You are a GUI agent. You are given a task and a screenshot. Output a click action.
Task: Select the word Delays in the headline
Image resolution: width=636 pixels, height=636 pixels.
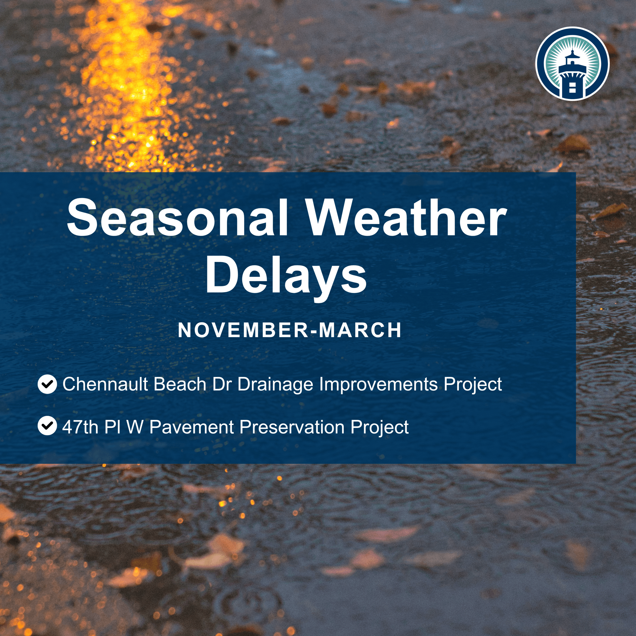pyautogui.click(x=286, y=275)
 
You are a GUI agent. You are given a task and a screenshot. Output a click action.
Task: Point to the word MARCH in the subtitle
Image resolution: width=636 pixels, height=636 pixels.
pyautogui.click(x=360, y=330)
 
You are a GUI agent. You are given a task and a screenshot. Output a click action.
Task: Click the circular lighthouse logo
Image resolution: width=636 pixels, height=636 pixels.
pyautogui.click(x=572, y=64)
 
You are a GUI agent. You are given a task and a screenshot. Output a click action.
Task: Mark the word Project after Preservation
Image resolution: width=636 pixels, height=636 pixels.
pyautogui.click(x=379, y=427)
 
